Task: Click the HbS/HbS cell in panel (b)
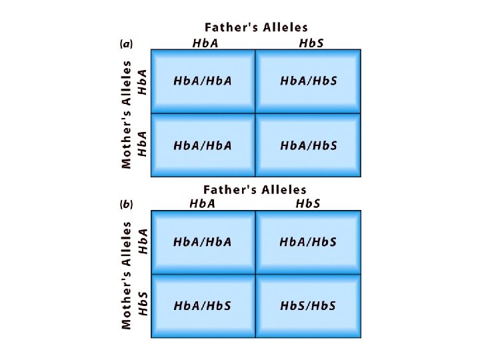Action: [308, 306]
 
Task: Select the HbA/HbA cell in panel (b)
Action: [203, 242]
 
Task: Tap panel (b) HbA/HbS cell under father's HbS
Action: [308, 242]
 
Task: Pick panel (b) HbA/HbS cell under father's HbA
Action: [203, 306]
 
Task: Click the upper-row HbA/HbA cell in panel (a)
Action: [203, 81]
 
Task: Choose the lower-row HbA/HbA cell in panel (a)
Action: [203, 145]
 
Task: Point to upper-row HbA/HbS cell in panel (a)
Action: [309, 81]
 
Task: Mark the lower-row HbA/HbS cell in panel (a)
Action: [309, 145]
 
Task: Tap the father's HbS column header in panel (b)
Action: [308, 203]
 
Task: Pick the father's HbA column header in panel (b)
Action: [203, 203]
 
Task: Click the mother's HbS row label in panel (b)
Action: [142, 303]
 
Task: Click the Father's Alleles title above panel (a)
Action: [256, 27]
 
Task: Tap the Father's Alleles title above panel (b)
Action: [255, 190]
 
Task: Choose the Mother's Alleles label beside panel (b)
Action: [127, 275]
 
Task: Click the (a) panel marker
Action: [126, 44]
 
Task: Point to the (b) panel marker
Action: [126, 205]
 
